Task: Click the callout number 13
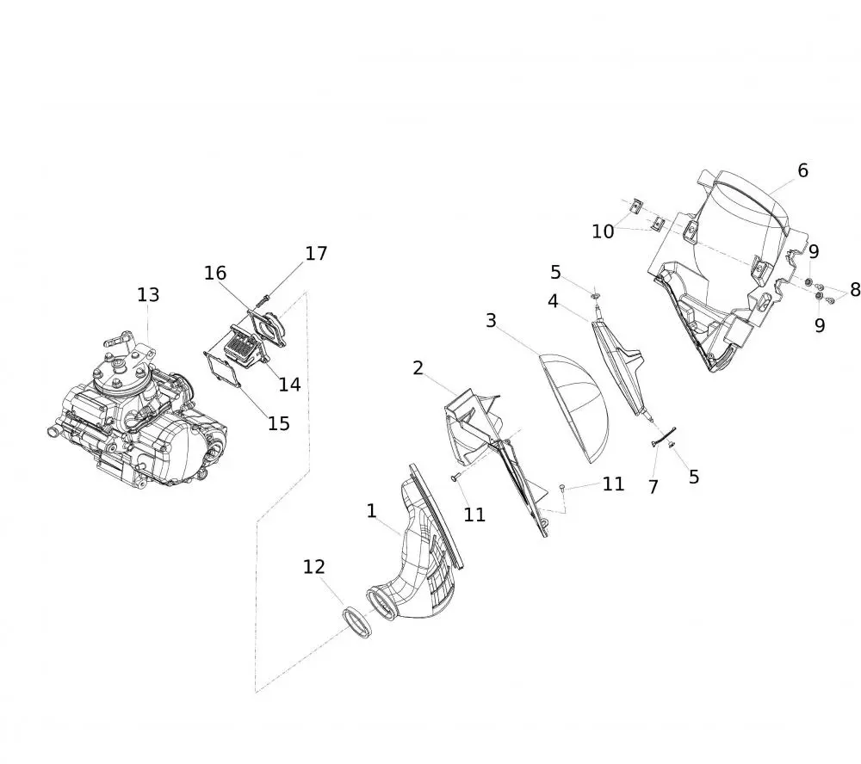148,295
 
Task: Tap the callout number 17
316,254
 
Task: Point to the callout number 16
215,273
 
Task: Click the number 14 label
289,385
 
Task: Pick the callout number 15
279,423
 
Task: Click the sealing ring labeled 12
357,622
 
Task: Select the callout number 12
314,566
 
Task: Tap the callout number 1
372,511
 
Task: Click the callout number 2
418,367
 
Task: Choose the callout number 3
491,320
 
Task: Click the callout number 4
553,301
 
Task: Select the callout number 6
802,170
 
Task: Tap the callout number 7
653,487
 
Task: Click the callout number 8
855,289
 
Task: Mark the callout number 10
603,231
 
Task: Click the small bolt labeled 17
263,300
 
